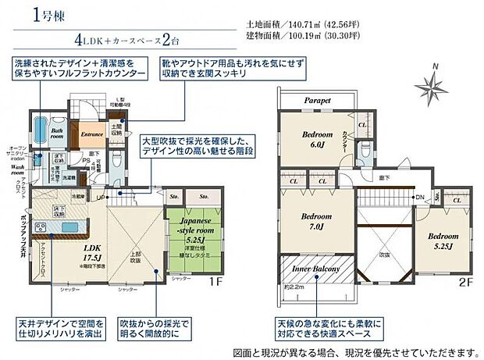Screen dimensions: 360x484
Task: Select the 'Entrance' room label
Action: [x=92, y=134]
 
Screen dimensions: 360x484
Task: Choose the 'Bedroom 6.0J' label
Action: [x=318, y=138]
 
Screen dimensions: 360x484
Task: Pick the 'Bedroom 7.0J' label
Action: [x=318, y=220]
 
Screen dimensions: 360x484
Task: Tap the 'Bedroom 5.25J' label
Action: [x=443, y=241]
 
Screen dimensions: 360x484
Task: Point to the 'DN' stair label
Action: [x=419, y=197]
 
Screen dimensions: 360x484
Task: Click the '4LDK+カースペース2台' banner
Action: [x=137, y=39]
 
